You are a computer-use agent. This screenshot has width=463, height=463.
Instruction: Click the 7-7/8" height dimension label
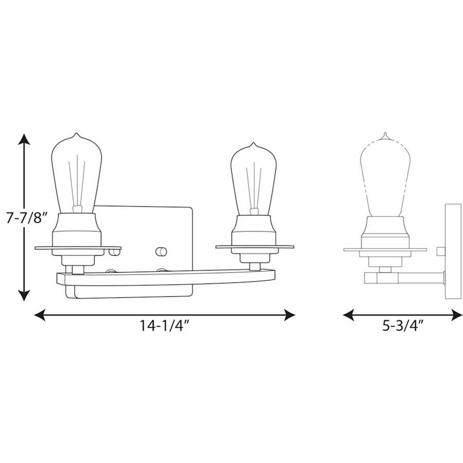26,218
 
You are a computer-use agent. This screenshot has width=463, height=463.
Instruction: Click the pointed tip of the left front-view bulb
77,135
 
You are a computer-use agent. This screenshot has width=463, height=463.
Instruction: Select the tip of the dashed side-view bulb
384,135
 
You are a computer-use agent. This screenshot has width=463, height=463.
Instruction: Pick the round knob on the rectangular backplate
161,251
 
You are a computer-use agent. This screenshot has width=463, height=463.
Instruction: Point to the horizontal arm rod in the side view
412,278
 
